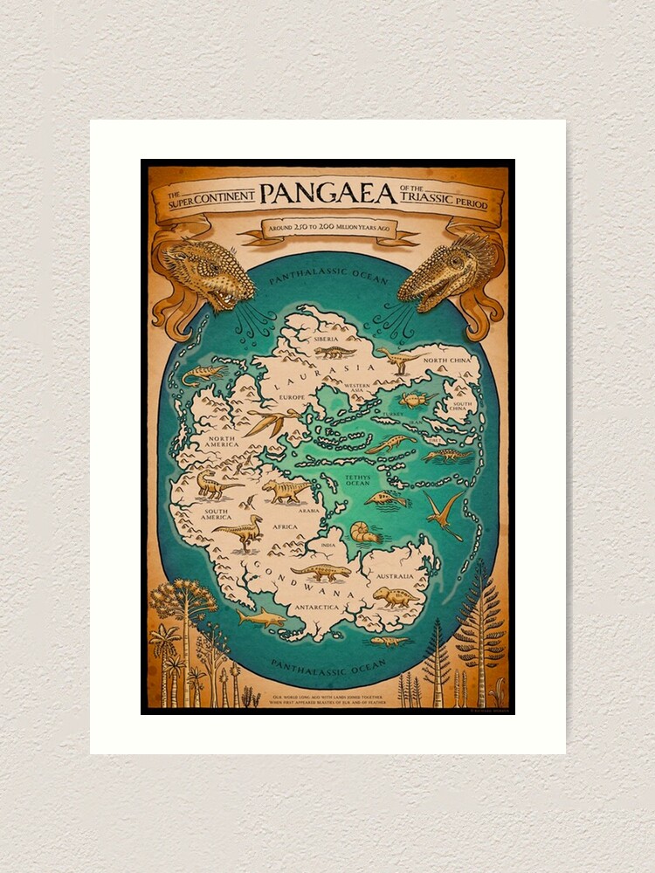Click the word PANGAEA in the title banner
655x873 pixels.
click(x=327, y=195)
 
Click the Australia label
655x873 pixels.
click(x=394, y=577)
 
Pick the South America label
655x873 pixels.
click(x=217, y=514)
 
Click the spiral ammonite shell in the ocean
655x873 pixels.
click(x=361, y=532)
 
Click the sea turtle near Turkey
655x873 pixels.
click(x=418, y=400)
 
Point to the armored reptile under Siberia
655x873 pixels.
click(x=334, y=352)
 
